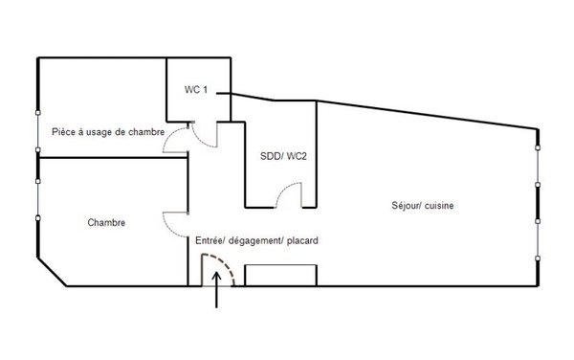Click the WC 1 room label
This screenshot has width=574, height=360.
pyautogui.click(x=196, y=90)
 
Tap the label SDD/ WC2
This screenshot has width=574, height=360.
pyautogui.click(x=283, y=156)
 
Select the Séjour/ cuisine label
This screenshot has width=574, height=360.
pyautogui.click(x=423, y=206)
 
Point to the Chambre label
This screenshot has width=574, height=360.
pyautogui.click(x=106, y=223)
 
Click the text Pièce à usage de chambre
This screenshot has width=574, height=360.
pyautogui.click(x=108, y=132)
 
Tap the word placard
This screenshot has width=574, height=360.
pyautogui.click(x=302, y=240)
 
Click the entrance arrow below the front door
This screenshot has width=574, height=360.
pyautogui.click(x=217, y=289)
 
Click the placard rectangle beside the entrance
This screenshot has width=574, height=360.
pyautogui.click(x=280, y=275)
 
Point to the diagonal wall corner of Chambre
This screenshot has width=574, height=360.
pyautogui.click(x=52, y=272)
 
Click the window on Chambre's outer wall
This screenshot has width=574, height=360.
pyautogui.click(x=37, y=200)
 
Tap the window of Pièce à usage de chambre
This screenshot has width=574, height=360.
pyautogui.click(x=37, y=131)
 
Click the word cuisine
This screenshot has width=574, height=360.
pyautogui.click(x=438, y=206)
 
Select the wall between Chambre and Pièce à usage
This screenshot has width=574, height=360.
pyautogui.click(x=113, y=157)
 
